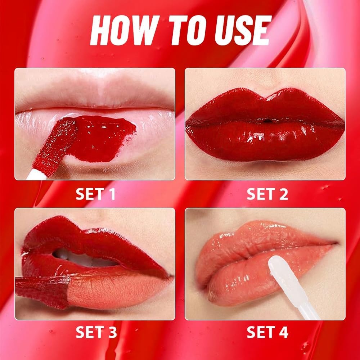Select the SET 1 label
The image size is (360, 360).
pyautogui.click(x=95, y=194)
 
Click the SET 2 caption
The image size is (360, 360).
pyautogui.click(x=267, y=194)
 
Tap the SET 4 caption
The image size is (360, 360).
pyautogui.click(x=267, y=333)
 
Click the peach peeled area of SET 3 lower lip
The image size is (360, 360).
pyautogui.click(x=108, y=288)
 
